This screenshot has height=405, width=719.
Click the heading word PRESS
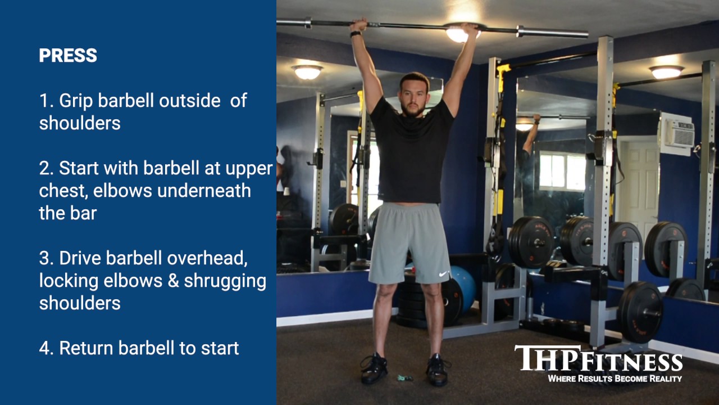68,56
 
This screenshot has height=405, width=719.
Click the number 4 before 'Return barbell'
45,348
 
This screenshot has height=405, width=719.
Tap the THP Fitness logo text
598,359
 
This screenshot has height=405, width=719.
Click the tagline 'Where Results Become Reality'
615,379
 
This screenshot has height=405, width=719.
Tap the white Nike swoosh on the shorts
443,274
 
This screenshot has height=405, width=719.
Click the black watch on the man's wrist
355,34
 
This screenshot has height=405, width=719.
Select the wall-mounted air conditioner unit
677,133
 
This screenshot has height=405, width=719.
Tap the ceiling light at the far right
666,71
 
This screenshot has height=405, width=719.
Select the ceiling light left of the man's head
307,71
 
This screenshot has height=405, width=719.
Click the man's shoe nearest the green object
374,369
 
